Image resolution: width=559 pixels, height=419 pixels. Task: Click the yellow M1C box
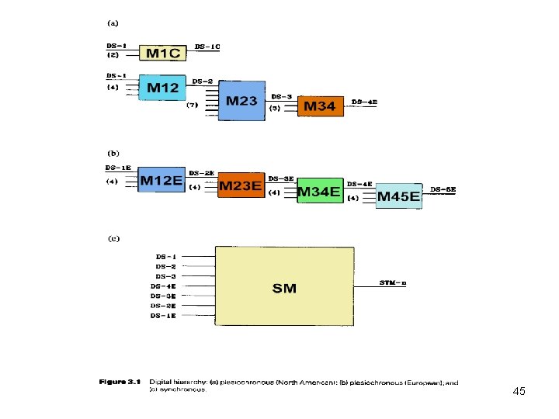pos(162,52)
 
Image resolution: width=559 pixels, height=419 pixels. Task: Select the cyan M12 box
pos(163,88)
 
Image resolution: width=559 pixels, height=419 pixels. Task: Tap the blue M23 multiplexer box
pos(241,100)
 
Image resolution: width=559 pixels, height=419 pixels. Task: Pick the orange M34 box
pos(320,106)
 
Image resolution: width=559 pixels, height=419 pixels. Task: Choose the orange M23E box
pos(241,185)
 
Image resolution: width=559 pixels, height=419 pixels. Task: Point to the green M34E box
pos(320,191)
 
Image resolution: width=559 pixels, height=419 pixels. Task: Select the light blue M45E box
pos(398,196)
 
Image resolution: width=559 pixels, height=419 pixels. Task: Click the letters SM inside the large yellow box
pos(284,288)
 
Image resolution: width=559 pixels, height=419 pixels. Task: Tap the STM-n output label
pos(393,282)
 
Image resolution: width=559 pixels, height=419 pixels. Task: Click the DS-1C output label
pos(207,47)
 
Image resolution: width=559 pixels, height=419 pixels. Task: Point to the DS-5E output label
pos(443,189)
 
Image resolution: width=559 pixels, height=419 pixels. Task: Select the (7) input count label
pos(193,104)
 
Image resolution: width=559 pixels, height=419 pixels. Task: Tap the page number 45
pos(519,392)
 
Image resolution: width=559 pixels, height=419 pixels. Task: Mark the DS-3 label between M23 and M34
pos(282,97)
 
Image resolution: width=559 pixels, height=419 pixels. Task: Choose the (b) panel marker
pos(113,154)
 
